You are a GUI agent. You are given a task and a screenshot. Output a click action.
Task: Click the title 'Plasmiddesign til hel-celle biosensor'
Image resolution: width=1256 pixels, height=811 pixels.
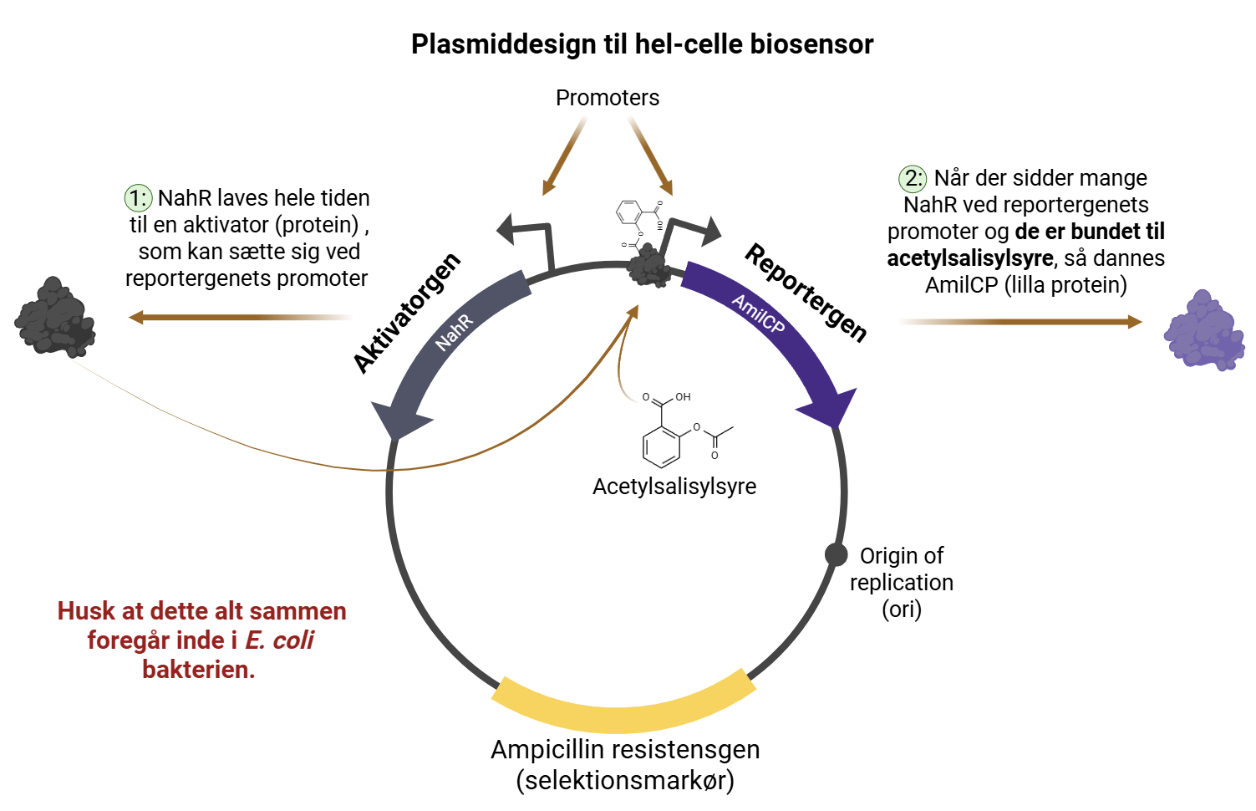tap(642, 44)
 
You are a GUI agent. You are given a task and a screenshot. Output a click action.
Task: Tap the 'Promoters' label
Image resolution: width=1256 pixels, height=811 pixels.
tap(608, 98)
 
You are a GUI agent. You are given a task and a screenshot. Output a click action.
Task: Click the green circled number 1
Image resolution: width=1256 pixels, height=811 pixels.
tap(138, 198)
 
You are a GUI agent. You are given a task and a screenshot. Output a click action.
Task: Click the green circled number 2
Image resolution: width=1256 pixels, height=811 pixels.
tap(913, 178)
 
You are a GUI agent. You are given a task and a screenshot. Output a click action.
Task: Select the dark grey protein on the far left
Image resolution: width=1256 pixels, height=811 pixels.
tap(54, 318)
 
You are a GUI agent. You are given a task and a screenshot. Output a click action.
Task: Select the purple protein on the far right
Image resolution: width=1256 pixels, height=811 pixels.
tap(1203, 331)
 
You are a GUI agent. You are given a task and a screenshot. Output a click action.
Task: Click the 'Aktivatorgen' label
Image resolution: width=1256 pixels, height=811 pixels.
tap(407, 313)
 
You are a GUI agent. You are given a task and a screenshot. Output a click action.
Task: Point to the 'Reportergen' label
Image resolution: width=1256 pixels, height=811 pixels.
tap(806, 293)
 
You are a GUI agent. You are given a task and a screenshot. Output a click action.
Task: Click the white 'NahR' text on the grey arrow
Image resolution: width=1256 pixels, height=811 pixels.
tap(455, 332)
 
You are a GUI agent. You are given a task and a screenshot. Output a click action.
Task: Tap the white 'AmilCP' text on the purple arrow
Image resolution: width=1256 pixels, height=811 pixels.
tap(759, 314)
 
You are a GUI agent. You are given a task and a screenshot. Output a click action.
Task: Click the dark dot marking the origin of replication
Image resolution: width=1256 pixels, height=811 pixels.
tap(836, 554)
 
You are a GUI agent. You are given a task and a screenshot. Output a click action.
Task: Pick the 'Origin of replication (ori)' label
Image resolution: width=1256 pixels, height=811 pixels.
tap(901, 582)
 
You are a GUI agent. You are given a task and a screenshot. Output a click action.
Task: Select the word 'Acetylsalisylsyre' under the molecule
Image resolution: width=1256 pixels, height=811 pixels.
tap(674, 487)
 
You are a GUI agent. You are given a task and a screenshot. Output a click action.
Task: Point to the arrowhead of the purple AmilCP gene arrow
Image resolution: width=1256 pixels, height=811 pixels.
tap(829, 407)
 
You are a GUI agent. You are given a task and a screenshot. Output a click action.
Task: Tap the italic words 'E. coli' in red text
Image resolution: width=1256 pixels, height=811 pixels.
tap(279, 640)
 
